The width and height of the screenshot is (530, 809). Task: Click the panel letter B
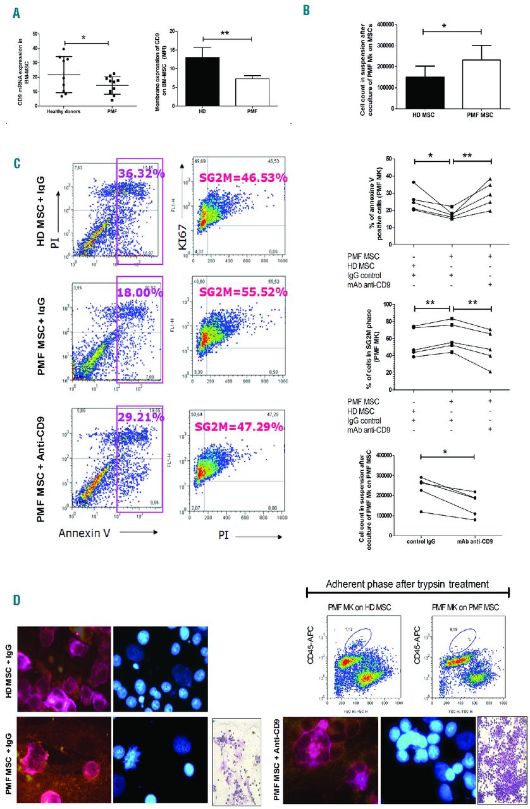tap(306, 11)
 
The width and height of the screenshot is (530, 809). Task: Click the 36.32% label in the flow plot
tap(139, 172)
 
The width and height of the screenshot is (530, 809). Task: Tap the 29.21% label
tap(139, 426)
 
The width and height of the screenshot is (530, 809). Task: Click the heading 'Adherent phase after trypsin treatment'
tap(409, 583)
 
